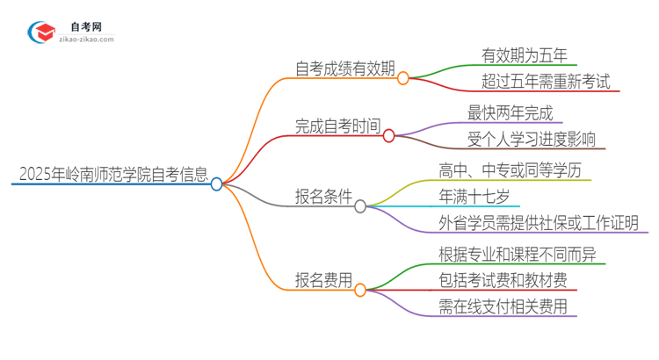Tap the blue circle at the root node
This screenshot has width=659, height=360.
tap(216, 184)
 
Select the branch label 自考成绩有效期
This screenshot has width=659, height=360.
tap(345, 68)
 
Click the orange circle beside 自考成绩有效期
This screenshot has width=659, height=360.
tap(403, 78)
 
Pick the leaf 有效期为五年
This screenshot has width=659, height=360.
tap(525, 54)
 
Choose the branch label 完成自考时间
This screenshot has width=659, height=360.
tap(338, 126)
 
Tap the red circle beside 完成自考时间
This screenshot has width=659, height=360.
tap(389, 136)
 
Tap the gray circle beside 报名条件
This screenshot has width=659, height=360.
tap(360, 206)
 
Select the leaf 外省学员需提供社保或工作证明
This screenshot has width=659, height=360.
tap(539, 222)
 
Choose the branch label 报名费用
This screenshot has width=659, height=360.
tap(324, 279)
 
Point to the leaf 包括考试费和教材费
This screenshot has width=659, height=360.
tap(508, 280)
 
